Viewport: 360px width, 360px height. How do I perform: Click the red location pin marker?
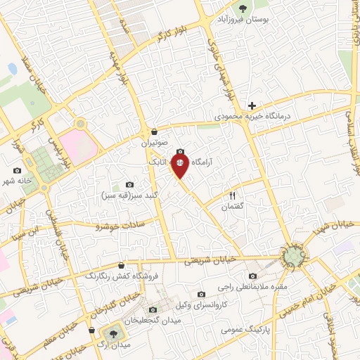[180, 166]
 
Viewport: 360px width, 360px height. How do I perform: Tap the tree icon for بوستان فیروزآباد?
[243, 9]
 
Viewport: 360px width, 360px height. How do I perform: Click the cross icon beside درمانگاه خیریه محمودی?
[252, 105]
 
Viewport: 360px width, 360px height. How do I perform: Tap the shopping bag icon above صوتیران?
[155, 131]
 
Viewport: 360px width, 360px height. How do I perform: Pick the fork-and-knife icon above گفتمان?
[232, 195]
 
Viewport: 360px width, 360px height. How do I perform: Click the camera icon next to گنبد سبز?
[129, 184]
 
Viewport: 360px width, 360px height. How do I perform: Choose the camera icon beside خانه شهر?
[18, 170]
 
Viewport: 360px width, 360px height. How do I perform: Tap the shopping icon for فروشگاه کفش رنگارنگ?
[122, 265]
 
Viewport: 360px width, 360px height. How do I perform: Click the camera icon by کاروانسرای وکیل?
[201, 294]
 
